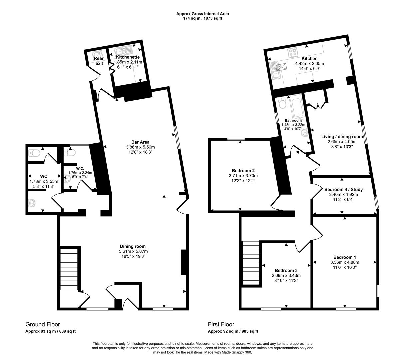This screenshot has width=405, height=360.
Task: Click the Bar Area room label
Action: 140,142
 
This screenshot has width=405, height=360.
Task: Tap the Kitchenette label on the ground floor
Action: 128,57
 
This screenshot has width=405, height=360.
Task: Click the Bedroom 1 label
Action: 345,257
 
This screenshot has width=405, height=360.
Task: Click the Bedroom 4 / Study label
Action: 343,189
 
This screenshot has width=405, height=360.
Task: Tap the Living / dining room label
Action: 342,136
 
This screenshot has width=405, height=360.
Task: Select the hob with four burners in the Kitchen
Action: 293,52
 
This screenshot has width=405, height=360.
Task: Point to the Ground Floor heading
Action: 43,324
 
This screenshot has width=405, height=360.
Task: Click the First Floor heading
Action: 221,324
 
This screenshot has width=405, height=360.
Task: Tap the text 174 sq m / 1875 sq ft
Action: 202,18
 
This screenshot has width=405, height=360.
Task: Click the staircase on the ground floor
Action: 70,269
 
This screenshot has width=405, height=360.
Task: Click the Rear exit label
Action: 99,61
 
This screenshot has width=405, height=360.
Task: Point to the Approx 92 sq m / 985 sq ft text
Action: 233,331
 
